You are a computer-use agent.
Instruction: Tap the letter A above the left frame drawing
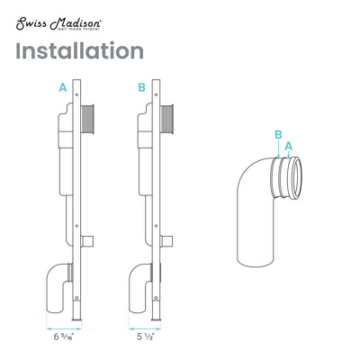pos(62,87)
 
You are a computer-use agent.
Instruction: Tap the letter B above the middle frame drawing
pos(141,87)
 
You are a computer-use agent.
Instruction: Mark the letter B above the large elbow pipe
pos(278,135)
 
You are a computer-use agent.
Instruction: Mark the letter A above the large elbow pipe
pos(288,144)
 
